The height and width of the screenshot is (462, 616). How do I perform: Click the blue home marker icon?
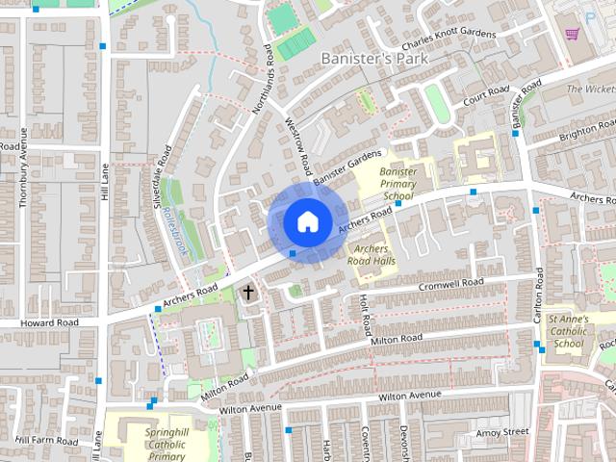click(306, 221)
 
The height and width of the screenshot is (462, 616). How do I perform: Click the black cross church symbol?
click(248, 291)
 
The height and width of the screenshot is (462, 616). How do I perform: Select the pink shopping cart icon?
click(571, 34)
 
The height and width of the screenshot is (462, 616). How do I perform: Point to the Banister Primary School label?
click(398, 184)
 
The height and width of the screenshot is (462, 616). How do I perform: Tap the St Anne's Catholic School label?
click(569, 331)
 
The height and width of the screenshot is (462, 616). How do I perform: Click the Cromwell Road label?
click(450, 286)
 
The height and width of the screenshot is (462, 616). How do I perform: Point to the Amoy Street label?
click(501, 434)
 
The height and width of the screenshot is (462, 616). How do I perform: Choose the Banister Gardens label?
click(347, 166)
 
